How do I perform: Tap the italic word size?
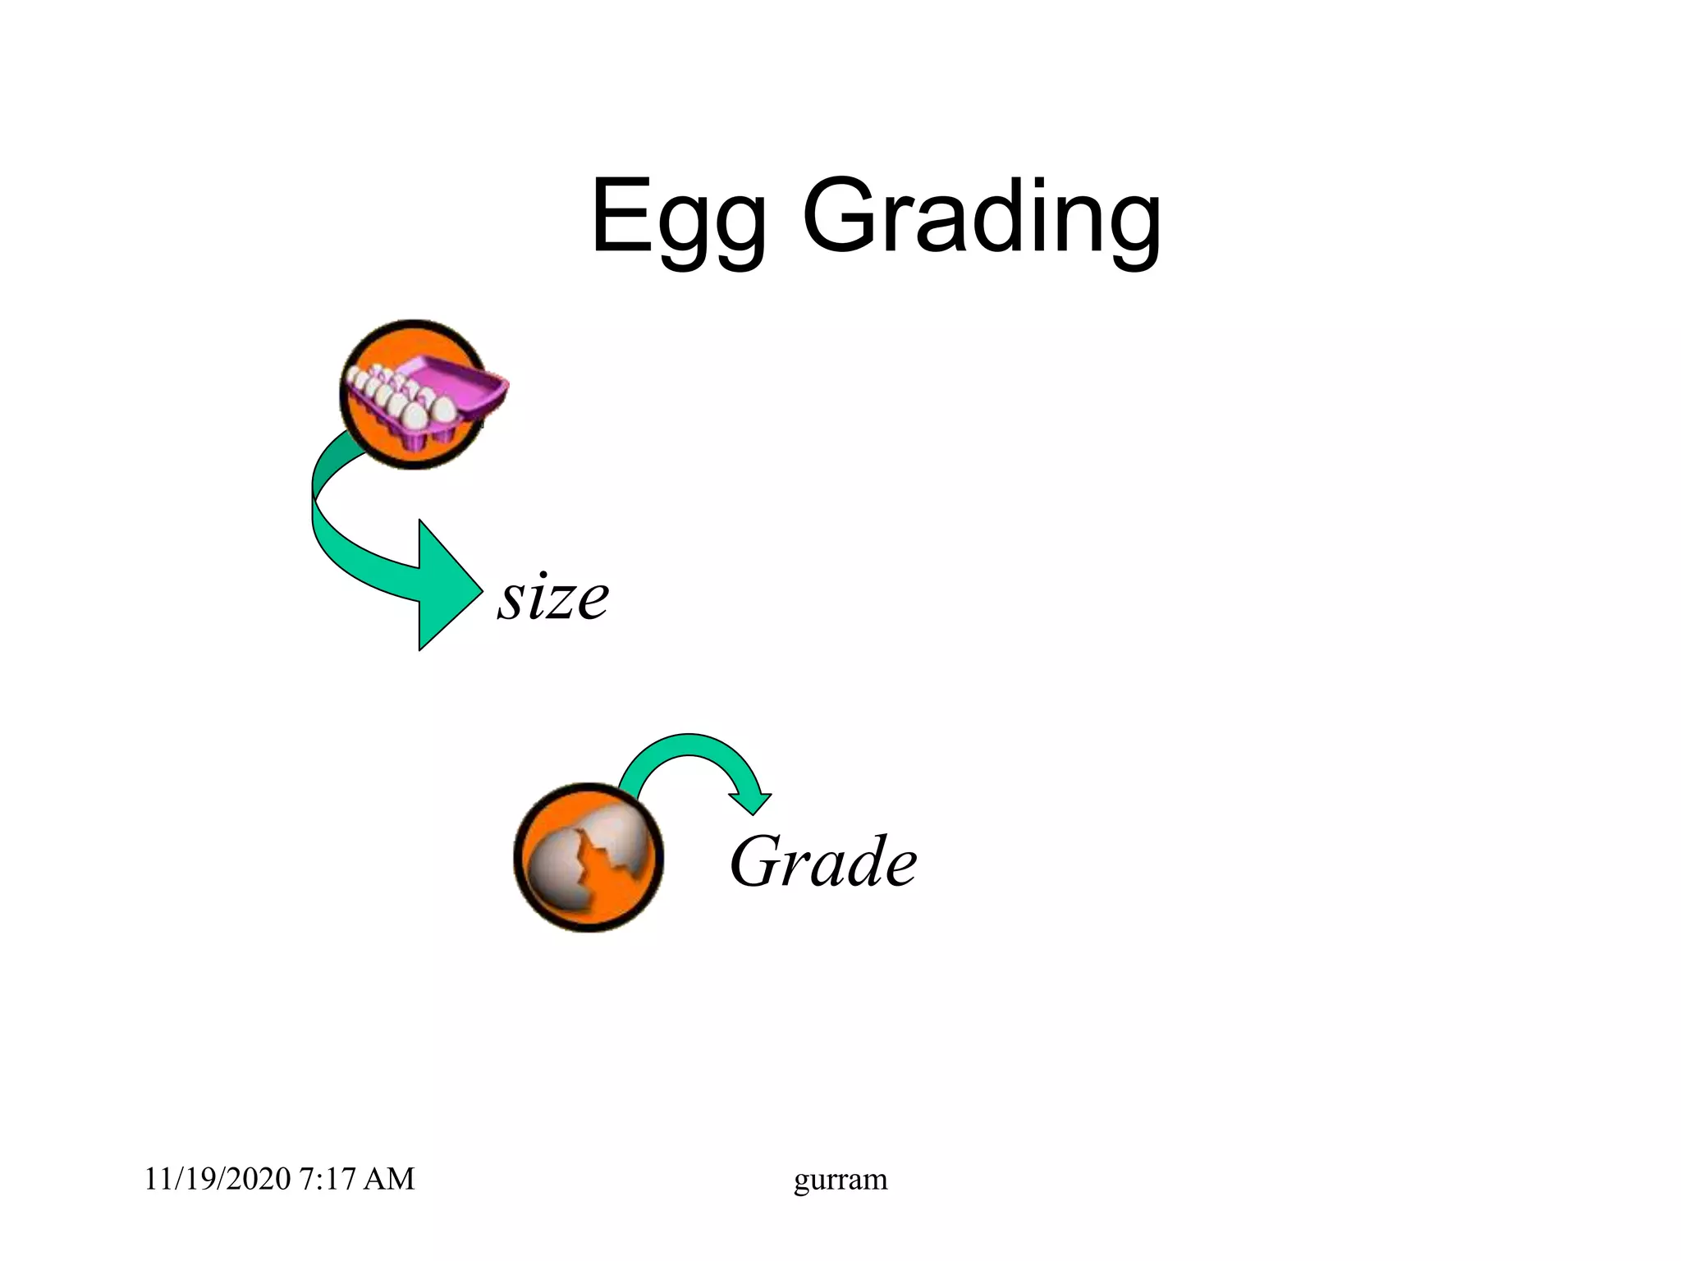pyautogui.click(x=552, y=597)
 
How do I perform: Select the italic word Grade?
pyautogui.click(x=823, y=862)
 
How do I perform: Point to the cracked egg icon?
pyautogui.click(x=588, y=857)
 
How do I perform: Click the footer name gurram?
pyautogui.click(x=840, y=1179)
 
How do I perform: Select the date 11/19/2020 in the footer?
pyautogui.click(x=218, y=1179)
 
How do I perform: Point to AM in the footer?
pyautogui.click(x=388, y=1179)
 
